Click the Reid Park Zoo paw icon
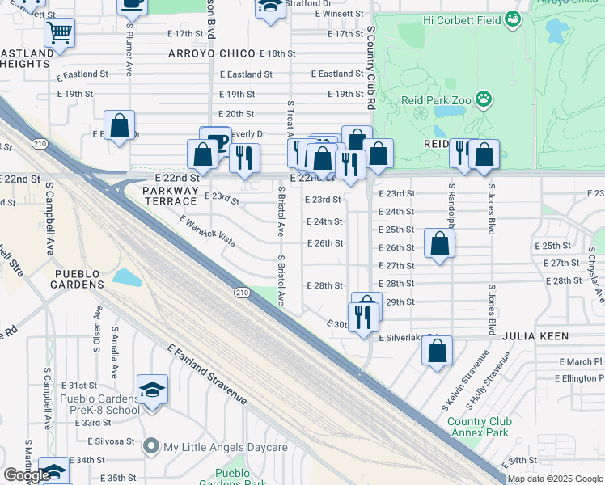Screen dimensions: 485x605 click(x=484, y=99)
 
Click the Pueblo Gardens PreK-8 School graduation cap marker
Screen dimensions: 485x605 click(x=152, y=390)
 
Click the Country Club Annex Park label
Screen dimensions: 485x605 click(x=479, y=427)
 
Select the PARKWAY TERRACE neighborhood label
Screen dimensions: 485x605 click(x=171, y=196)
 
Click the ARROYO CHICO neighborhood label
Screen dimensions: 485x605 click(x=214, y=53)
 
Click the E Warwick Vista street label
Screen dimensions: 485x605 click(x=207, y=232)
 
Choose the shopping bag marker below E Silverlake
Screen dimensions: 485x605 click(x=437, y=352)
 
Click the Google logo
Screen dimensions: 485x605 click(x=27, y=475)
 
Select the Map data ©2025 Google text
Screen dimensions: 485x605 click(x=555, y=479)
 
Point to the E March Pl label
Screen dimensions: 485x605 click(x=580, y=361)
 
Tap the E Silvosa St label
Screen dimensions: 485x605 click(x=112, y=441)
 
